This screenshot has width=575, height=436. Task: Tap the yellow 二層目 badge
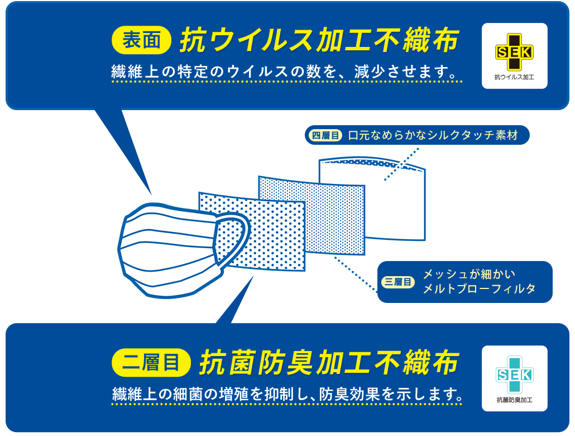(x=151, y=363)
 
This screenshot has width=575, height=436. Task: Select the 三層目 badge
(x=398, y=282)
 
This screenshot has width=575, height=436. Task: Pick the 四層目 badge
(x=325, y=136)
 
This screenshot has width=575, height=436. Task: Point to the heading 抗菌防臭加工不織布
(x=329, y=363)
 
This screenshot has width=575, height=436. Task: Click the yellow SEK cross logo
(x=514, y=52)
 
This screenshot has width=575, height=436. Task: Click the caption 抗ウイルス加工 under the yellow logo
(x=514, y=77)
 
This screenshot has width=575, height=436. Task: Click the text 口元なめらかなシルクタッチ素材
(x=433, y=136)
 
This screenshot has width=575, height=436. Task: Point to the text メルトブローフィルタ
(x=479, y=289)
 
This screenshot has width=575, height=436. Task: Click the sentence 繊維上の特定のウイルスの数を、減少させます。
(x=287, y=72)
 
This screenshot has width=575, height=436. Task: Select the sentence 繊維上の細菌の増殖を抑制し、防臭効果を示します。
(x=287, y=394)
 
